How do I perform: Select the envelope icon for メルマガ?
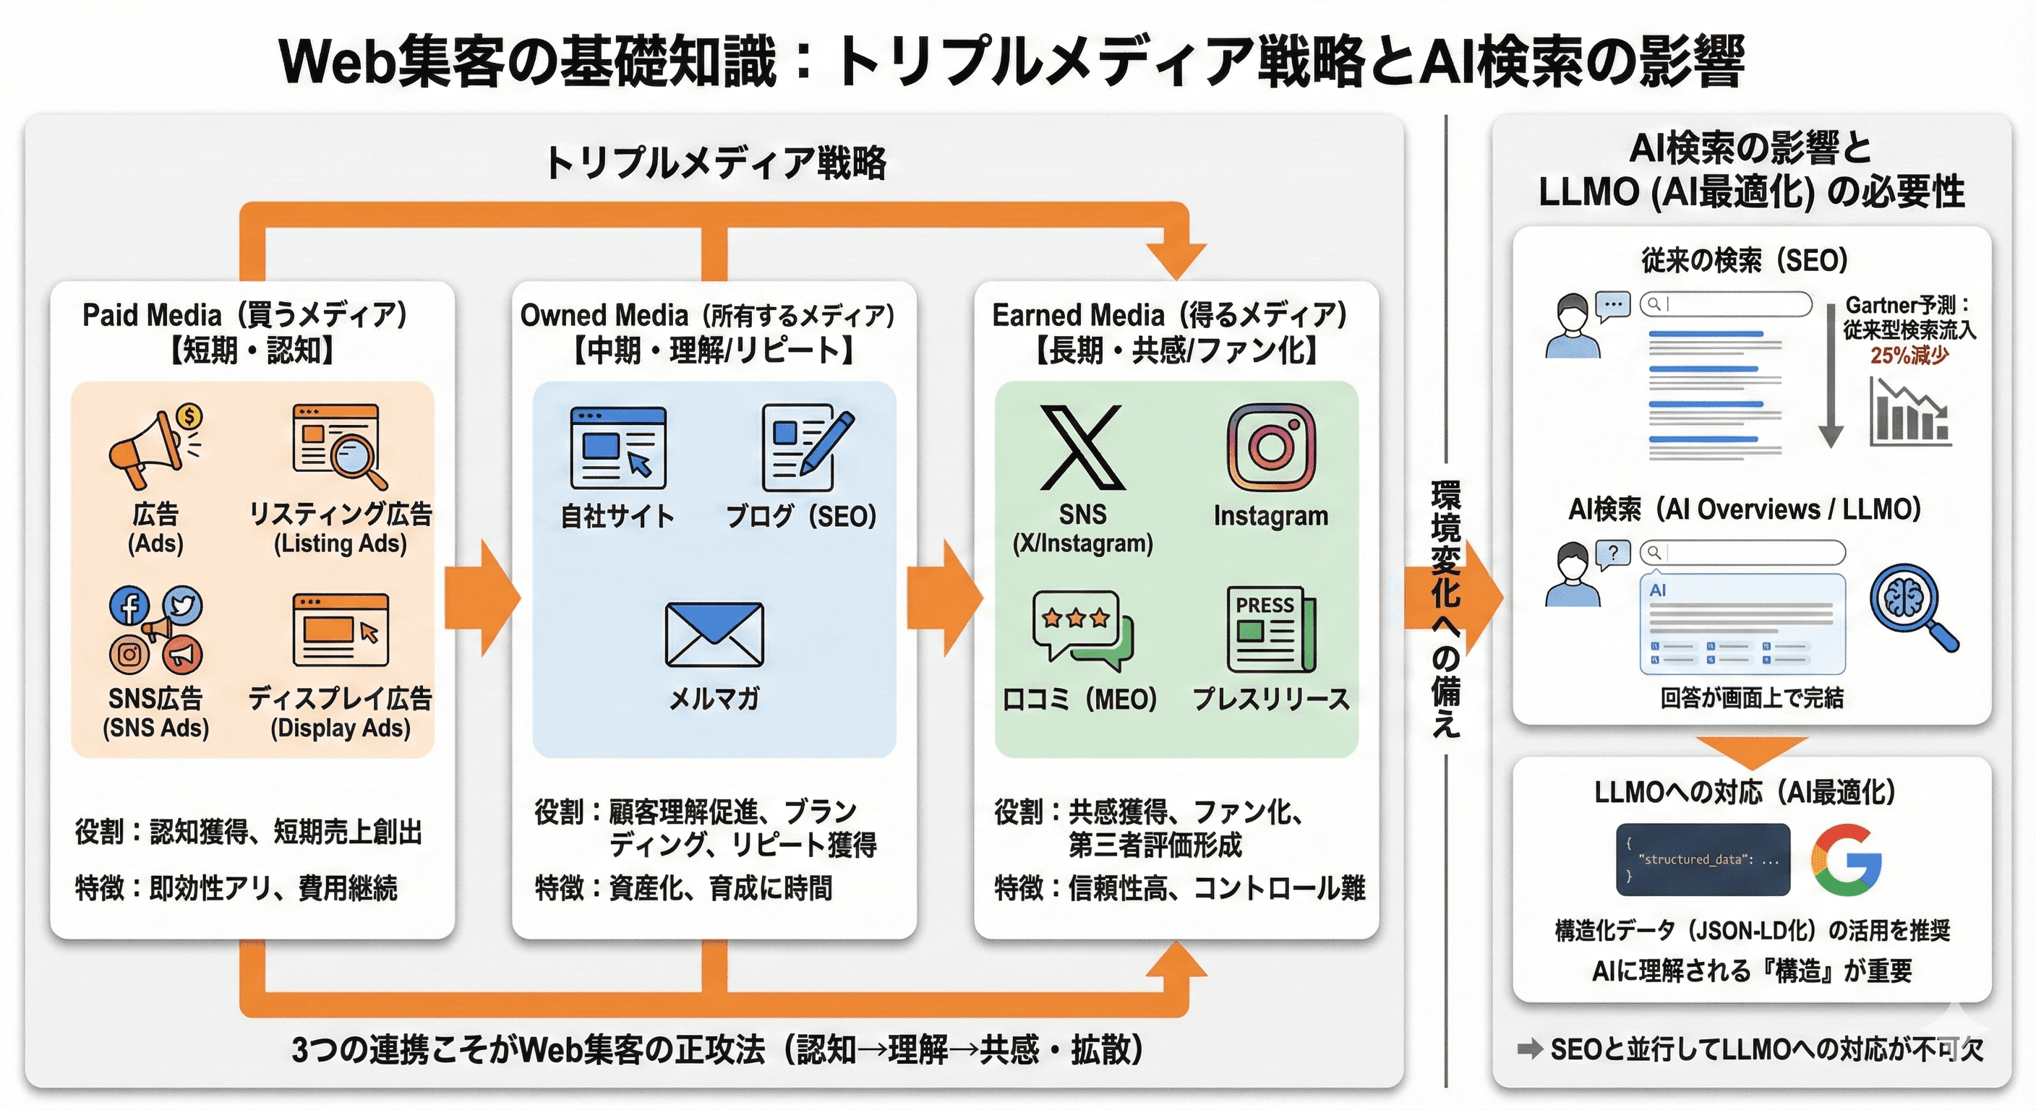pyautogui.click(x=714, y=634)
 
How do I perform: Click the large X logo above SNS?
pyautogui.click(x=1081, y=448)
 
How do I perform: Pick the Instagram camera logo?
pyautogui.click(x=1271, y=448)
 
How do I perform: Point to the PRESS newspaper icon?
pyautogui.click(x=1271, y=629)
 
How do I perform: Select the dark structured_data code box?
pyautogui.click(x=1703, y=859)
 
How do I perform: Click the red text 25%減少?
pyautogui.click(x=1909, y=356)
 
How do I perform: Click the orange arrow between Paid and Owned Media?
pyautogui.click(x=482, y=598)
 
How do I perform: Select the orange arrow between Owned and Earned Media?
pyautogui.click(x=944, y=598)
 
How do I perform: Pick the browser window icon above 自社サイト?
pyautogui.click(x=618, y=448)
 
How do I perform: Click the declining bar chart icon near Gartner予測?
pyautogui.click(x=1909, y=413)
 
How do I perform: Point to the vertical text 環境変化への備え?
pyautogui.click(x=1445, y=608)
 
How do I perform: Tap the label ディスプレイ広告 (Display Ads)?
pyautogui.click(x=340, y=712)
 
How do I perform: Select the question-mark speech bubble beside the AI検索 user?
pyautogui.click(x=1613, y=554)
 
